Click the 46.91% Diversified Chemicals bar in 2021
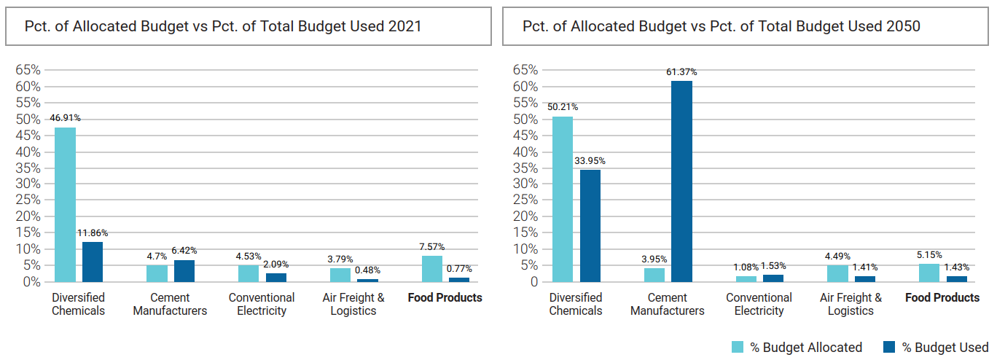click(x=65, y=205)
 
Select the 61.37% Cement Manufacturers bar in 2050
click(x=681, y=181)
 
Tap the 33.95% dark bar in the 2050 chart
click(x=590, y=226)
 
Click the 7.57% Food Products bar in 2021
click(x=432, y=268)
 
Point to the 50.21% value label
click(x=562, y=107)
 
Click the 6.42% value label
click(x=184, y=251)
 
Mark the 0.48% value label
click(x=367, y=270)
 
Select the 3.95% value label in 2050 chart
click(x=654, y=259)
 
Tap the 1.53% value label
click(x=773, y=266)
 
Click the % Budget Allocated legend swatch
click(x=738, y=348)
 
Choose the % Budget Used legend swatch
click(x=888, y=348)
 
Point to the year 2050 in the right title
click(x=905, y=26)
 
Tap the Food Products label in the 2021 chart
click(x=445, y=297)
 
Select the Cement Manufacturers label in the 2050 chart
click(x=667, y=304)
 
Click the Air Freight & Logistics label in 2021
click(x=353, y=304)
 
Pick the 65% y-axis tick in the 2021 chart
click(x=28, y=70)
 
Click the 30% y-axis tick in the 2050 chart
click(x=525, y=184)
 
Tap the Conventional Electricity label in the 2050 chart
click(x=759, y=304)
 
